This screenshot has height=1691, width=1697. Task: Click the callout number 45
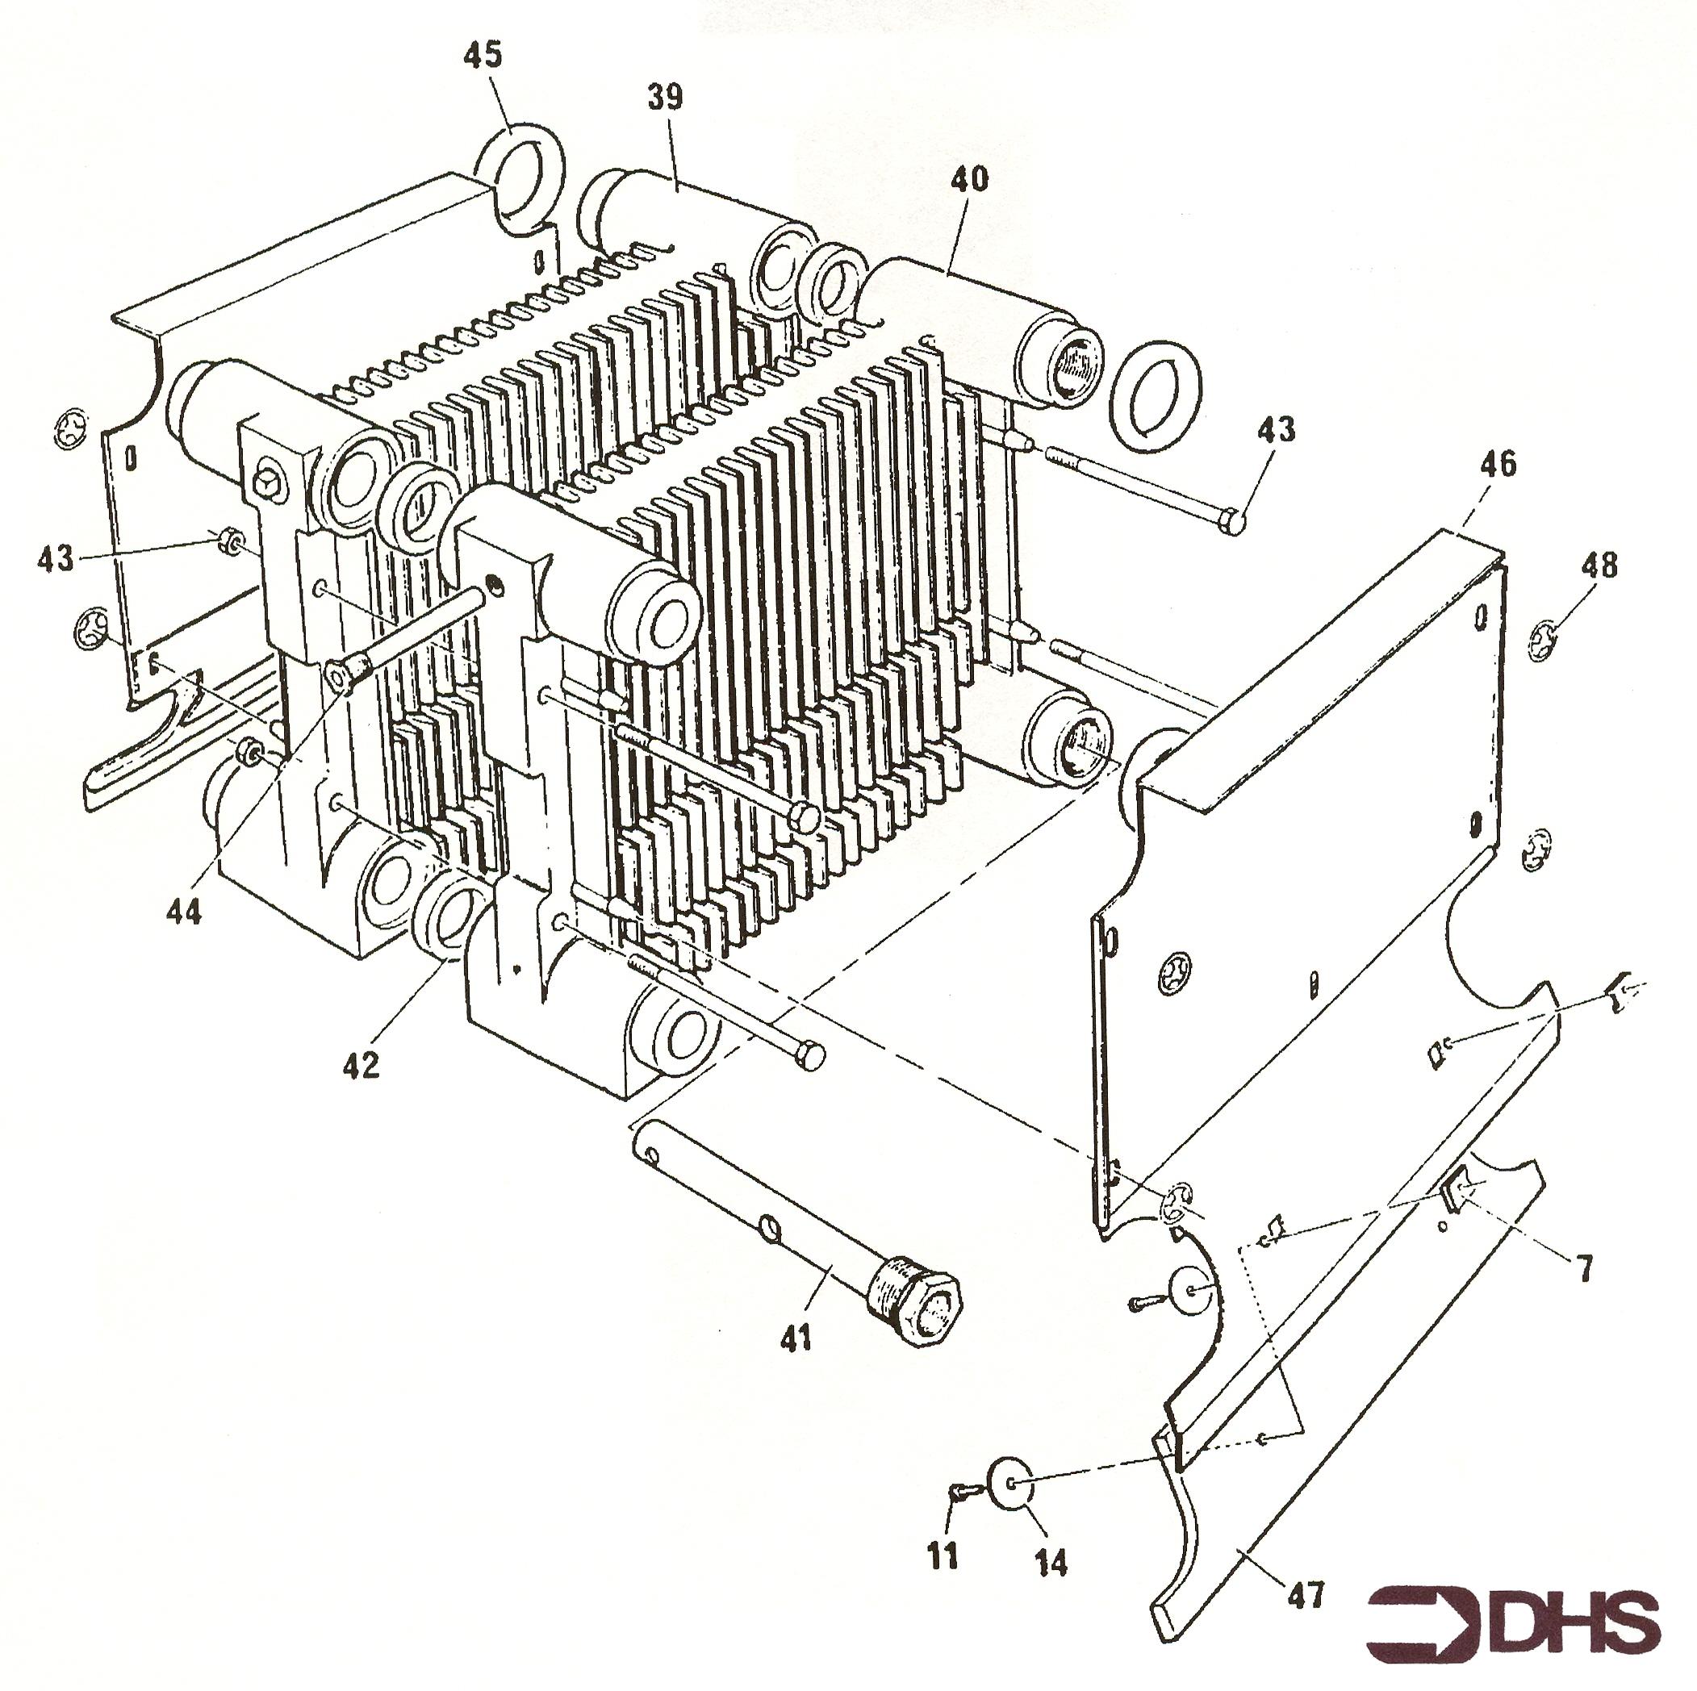point(483,54)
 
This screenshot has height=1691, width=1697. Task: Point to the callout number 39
point(666,97)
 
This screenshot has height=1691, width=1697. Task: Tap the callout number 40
point(969,178)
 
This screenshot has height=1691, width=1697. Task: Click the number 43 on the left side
point(57,557)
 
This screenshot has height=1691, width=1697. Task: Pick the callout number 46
point(1498,464)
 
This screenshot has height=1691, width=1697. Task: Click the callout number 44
point(183,912)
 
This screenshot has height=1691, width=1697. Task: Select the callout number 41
point(796,1339)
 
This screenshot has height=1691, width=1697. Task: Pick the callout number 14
point(1051,1562)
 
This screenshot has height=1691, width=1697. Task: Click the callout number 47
point(1306,1593)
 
